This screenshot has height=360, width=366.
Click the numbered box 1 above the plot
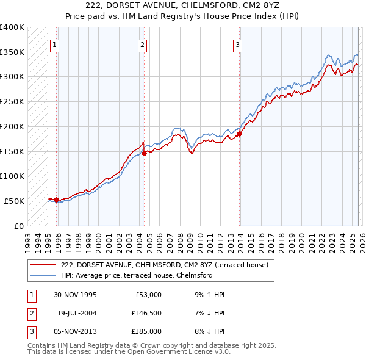coord(55,44)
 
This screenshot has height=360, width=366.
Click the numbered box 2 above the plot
coord(142,44)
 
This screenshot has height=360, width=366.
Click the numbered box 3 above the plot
coord(237,44)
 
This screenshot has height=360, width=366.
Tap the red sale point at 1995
coord(56,200)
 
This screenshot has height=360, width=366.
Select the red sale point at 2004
coord(144,154)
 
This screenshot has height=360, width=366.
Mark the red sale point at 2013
coord(240,134)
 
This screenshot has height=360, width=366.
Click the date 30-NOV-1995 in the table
coord(75,295)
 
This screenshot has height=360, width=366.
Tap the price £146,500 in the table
coord(147,313)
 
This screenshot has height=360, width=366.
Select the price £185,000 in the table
coord(147,331)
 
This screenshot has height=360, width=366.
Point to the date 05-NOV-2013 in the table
coord(75,331)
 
